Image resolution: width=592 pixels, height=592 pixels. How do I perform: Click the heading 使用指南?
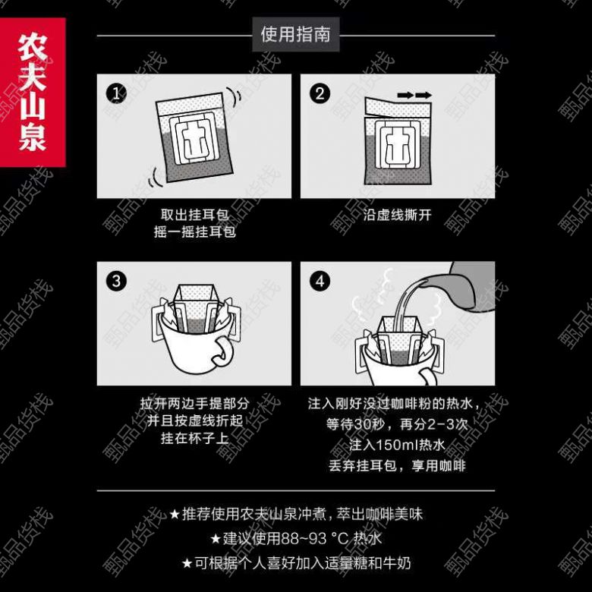296,34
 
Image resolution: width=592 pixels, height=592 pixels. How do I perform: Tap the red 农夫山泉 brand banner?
33,92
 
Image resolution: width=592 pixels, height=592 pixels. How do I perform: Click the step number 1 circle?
116,93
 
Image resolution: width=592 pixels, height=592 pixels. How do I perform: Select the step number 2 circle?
320,93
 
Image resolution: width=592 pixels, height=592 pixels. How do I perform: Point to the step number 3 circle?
116,282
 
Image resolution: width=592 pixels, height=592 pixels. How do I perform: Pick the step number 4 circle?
320,282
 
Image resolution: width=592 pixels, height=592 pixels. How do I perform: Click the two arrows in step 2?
414,95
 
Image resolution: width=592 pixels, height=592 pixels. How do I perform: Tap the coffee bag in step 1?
194,137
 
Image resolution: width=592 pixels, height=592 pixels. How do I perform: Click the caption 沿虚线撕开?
397,216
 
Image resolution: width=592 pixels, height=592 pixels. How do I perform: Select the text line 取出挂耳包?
194,215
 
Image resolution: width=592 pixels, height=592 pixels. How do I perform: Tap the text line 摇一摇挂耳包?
195,231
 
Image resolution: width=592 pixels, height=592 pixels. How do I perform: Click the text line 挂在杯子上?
195,439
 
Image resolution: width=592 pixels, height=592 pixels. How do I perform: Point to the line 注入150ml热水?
397,445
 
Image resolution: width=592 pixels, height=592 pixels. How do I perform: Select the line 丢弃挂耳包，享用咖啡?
397,465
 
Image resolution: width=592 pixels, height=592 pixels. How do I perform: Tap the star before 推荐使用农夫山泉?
175,515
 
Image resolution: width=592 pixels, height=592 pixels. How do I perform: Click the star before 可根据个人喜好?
187,563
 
